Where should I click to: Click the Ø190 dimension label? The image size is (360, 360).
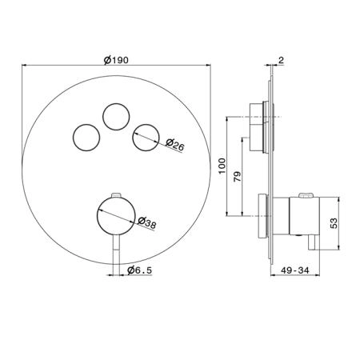click(116, 60)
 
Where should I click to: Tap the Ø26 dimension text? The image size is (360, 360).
click(174, 145)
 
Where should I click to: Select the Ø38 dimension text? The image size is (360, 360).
click(147, 222)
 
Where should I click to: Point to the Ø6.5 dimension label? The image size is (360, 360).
click(139, 270)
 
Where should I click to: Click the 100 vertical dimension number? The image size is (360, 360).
click(222, 166)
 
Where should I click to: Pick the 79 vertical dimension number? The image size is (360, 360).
click(237, 177)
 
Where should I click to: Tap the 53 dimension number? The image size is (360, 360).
click(334, 223)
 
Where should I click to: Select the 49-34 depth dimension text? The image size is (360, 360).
click(295, 270)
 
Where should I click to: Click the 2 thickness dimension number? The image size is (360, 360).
click(281, 60)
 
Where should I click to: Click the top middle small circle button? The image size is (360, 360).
click(116, 117)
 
